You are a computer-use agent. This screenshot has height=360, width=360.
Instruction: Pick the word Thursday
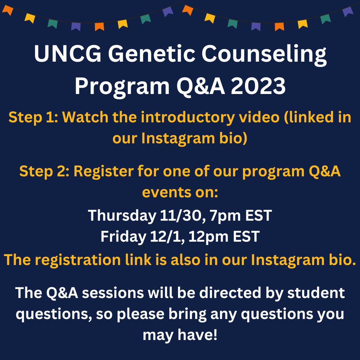[x=120, y=216]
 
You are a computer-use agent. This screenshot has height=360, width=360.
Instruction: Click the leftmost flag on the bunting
[x=8, y=10]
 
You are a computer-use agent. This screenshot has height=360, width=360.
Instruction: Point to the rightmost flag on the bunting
[x=348, y=11]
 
